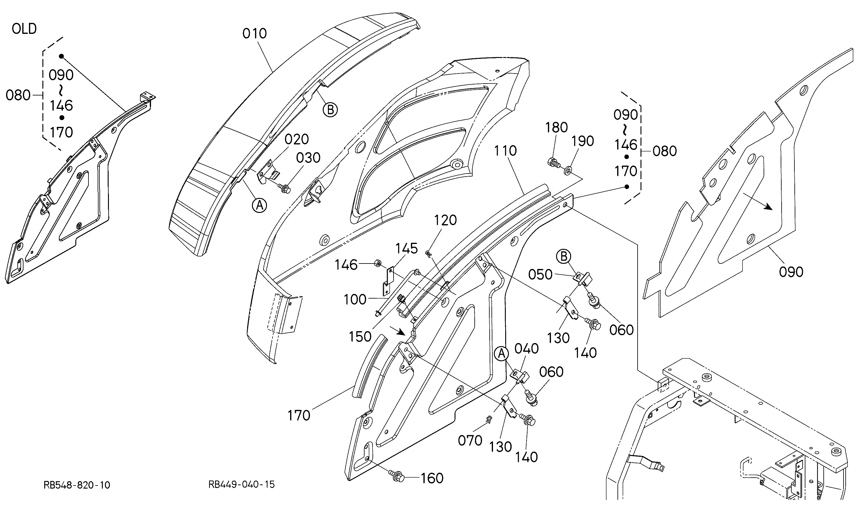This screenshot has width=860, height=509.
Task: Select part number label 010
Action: coord(254,34)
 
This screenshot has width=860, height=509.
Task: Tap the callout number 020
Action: coord(297,140)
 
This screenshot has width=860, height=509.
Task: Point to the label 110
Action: coord(505,151)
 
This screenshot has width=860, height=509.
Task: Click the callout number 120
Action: coord(445,220)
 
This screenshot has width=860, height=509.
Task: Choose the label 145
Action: coord(406,249)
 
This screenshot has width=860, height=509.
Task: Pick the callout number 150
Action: coord(360,337)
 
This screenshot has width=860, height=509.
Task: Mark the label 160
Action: coord(432,478)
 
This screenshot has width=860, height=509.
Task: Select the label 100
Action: coord(355,300)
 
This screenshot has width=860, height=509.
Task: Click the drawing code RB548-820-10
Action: coord(77,485)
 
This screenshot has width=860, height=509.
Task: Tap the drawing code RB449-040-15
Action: coord(242,484)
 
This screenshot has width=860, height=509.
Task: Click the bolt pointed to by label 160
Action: coord(397,476)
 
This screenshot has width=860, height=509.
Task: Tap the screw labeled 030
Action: coord(286,188)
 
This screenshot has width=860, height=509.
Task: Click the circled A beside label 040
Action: coord(502,354)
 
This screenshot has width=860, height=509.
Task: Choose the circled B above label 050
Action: coord(563,256)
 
